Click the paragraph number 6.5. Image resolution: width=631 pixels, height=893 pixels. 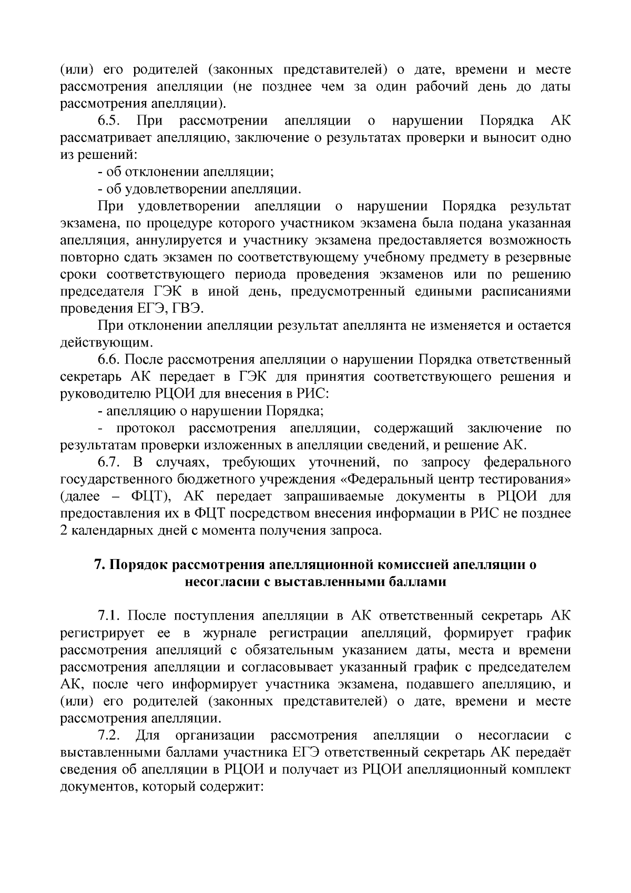tap(109, 121)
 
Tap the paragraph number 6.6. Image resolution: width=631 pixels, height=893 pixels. tap(109, 360)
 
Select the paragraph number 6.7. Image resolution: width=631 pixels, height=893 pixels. tap(109, 463)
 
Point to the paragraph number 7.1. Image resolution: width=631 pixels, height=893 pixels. tap(109, 616)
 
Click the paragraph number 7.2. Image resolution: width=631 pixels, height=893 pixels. tap(109, 735)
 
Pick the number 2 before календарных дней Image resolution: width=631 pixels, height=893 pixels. tap(64, 531)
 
